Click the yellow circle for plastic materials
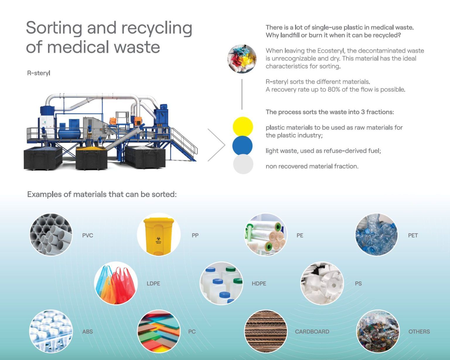tap(243, 127)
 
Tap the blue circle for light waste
tap(242, 145)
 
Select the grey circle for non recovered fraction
tap(243, 164)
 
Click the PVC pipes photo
tap(51, 234)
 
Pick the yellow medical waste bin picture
tap(158, 234)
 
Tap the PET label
tap(413, 235)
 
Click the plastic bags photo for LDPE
tap(116, 283)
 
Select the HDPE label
tap(259, 284)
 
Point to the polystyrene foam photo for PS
tap(322, 283)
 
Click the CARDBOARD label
tap(312, 332)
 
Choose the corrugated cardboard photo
tap(265, 331)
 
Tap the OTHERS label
tap(419, 332)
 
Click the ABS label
tap(88, 332)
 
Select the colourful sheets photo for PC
tap(159, 331)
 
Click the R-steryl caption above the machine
tap(39, 73)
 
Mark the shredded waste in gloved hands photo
tap(242, 59)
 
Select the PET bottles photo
tap(376, 234)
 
